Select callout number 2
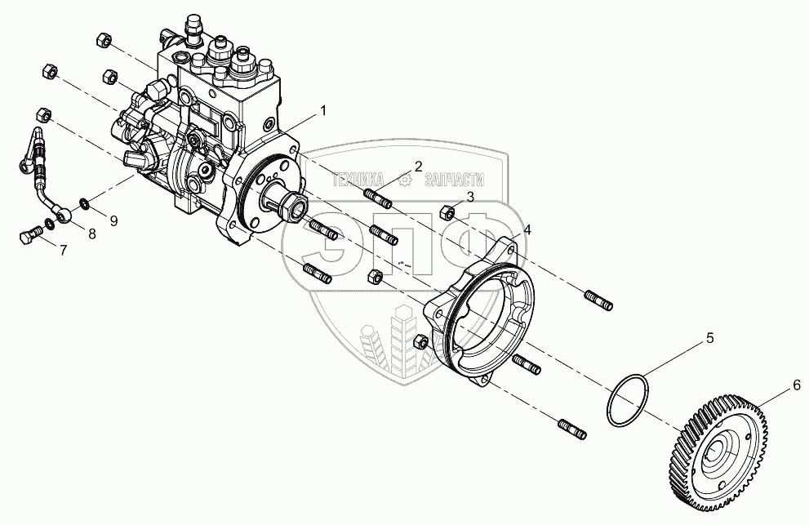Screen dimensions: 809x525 (418, 167)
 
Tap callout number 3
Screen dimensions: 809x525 (471, 196)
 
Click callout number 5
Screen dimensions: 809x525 (709, 336)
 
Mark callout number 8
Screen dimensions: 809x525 (91, 233)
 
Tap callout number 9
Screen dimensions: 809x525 (113, 220)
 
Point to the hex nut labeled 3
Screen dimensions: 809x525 (447, 213)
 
